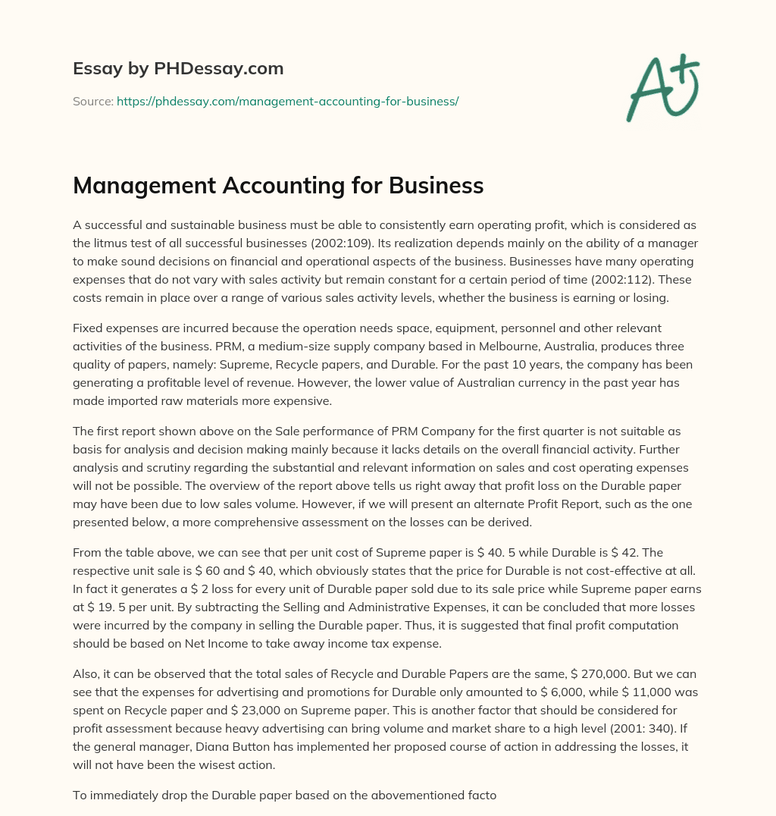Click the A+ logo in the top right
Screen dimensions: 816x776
662,87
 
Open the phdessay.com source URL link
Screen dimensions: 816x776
287,100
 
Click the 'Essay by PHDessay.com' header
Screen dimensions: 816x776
178,69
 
